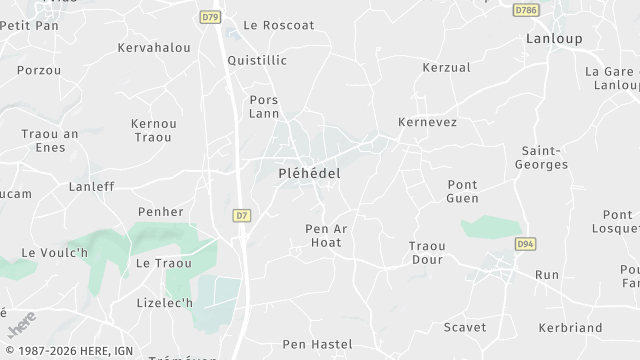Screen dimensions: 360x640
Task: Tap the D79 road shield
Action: pos(209,17)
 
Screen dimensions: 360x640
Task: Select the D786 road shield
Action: pos(526,10)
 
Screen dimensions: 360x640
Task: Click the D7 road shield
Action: pos(241,215)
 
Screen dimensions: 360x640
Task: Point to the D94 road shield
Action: pos(525,244)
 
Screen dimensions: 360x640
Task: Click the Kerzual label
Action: pos(446,68)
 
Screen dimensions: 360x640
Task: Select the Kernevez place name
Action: pos(427,121)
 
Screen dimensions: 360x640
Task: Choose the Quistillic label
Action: pos(257,60)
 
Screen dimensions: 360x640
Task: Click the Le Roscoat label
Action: pos(279,25)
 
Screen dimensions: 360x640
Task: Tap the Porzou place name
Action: pos(39,70)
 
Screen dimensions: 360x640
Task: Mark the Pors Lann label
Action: pos(264,106)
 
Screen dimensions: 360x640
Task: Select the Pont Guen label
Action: pos(462,191)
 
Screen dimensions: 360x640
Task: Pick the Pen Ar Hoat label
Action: pos(326,235)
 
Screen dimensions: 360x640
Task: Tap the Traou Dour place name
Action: pos(427,252)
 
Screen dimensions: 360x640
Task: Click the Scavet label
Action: pos(464,327)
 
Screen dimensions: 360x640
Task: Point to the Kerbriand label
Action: pos(570,327)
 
